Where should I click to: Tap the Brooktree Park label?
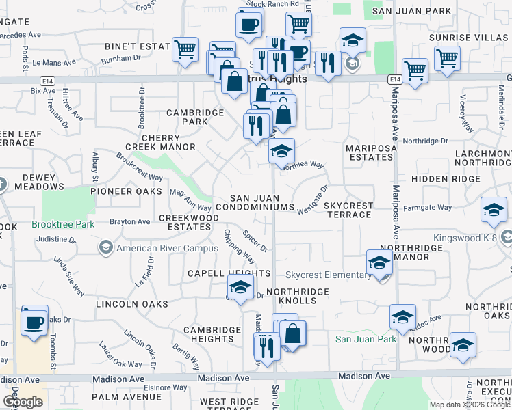(60, 224)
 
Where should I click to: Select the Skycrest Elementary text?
(328, 275)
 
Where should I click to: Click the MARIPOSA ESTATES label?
(370, 152)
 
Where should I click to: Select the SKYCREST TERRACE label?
(348, 210)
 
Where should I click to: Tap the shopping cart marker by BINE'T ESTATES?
(185, 49)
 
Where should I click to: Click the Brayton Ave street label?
(129, 222)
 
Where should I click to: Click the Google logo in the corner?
(22, 402)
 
